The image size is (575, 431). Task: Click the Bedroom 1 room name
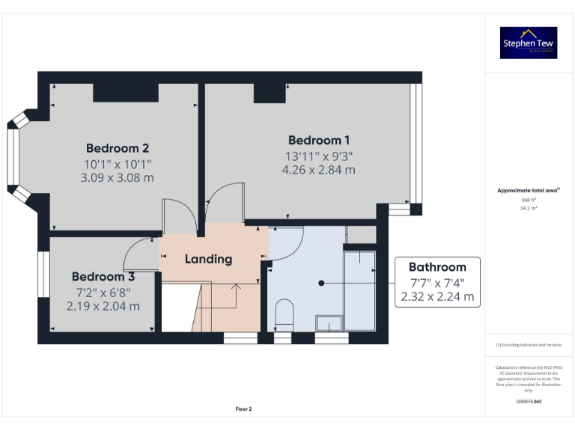coord(318,140)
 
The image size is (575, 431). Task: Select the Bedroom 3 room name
coord(103,276)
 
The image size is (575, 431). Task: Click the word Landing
coord(208,259)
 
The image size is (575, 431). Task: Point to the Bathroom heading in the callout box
coord(437,266)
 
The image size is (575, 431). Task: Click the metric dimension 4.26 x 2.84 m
coord(318,170)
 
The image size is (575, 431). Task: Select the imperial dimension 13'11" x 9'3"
coord(318,156)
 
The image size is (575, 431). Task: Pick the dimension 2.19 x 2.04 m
coord(103,306)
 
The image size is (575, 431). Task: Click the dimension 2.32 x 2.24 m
coord(437,296)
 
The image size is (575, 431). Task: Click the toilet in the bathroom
coord(284,314)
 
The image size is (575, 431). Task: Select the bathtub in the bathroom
coord(359,288)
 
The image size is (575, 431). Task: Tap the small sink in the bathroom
coord(329,323)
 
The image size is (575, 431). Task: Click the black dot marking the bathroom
coord(321,284)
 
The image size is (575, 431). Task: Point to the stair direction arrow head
coord(237,285)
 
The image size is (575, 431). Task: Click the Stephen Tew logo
coord(529,43)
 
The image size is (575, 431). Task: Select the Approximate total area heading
coord(528,191)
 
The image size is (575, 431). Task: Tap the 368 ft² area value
coord(529,200)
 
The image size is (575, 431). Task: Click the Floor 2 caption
coord(244,409)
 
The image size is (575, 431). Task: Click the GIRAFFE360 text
coord(529,402)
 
